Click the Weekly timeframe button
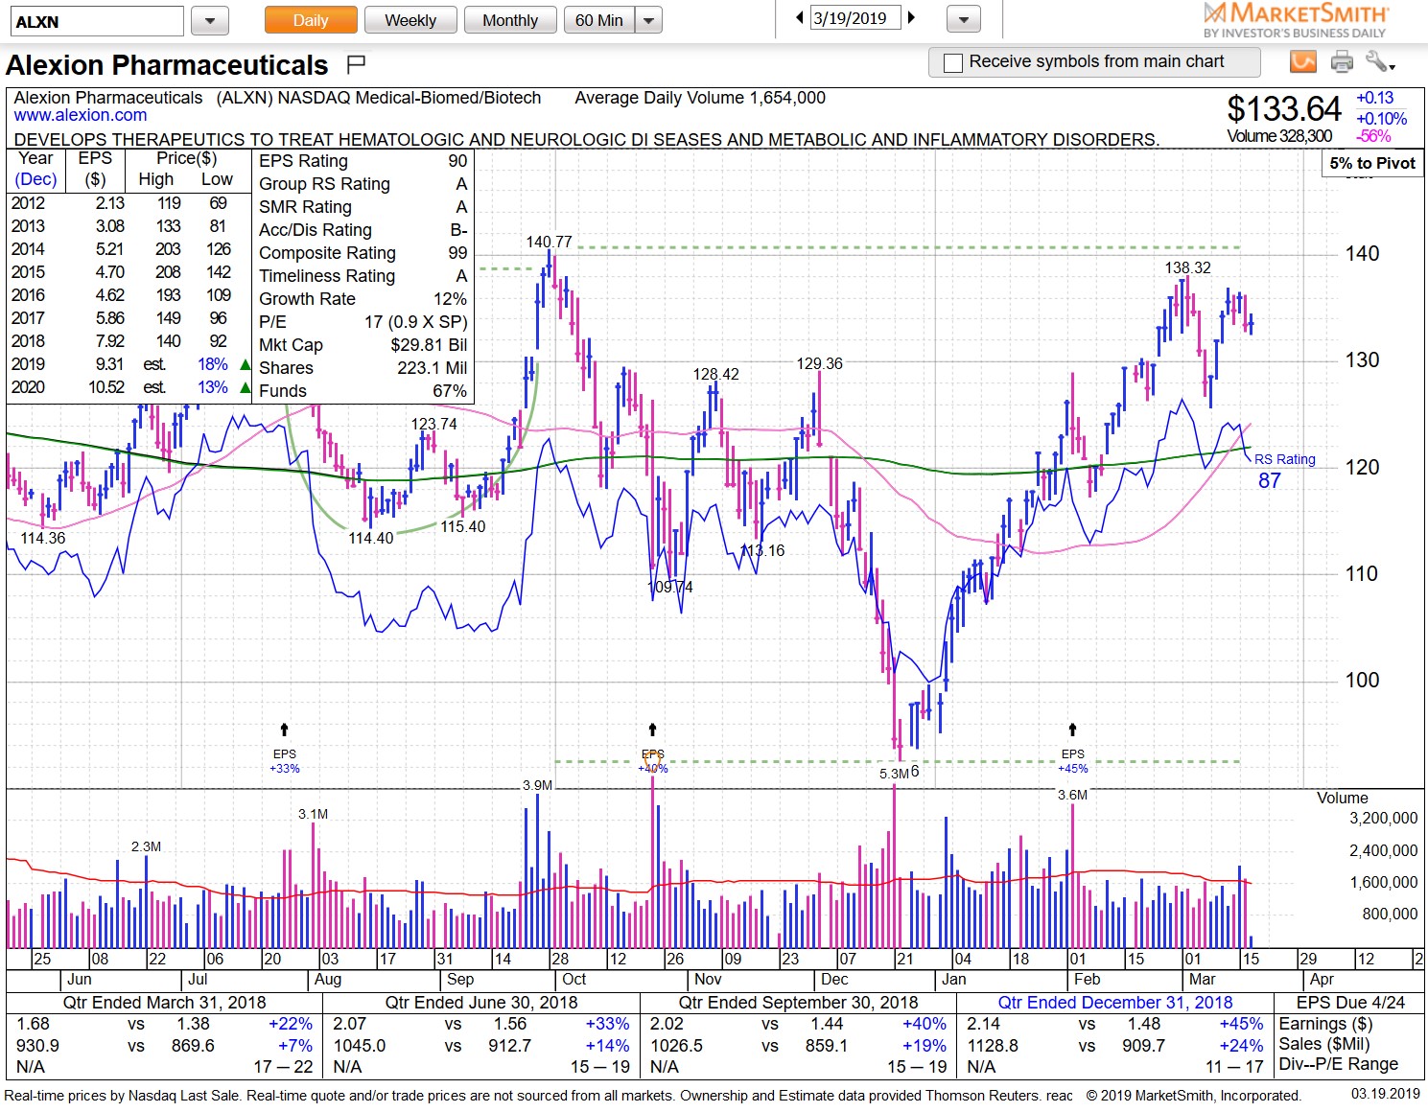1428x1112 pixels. (x=410, y=20)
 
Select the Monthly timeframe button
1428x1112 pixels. (x=510, y=20)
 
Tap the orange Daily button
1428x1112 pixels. (x=310, y=20)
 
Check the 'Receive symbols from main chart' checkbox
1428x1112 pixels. (x=953, y=63)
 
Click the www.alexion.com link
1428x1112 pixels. (x=81, y=115)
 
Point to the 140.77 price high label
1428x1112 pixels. (x=549, y=242)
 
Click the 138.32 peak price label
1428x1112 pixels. (x=1187, y=267)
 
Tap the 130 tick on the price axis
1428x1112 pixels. (x=1362, y=360)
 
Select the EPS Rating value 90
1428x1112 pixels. (x=457, y=161)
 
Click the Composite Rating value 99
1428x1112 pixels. (x=457, y=253)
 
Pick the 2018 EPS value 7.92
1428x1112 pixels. (x=109, y=341)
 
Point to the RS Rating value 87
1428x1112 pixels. (x=1269, y=480)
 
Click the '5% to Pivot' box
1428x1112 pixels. (x=1371, y=163)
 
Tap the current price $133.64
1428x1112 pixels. (x=1284, y=109)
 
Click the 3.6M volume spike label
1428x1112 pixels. (x=1072, y=795)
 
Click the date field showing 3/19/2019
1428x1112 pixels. (x=855, y=17)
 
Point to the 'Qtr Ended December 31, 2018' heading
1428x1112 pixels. (x=1114, y=1002)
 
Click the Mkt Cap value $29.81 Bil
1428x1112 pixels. (x=429, y=345)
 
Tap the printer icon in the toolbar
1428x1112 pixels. (x=1342, y=62)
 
